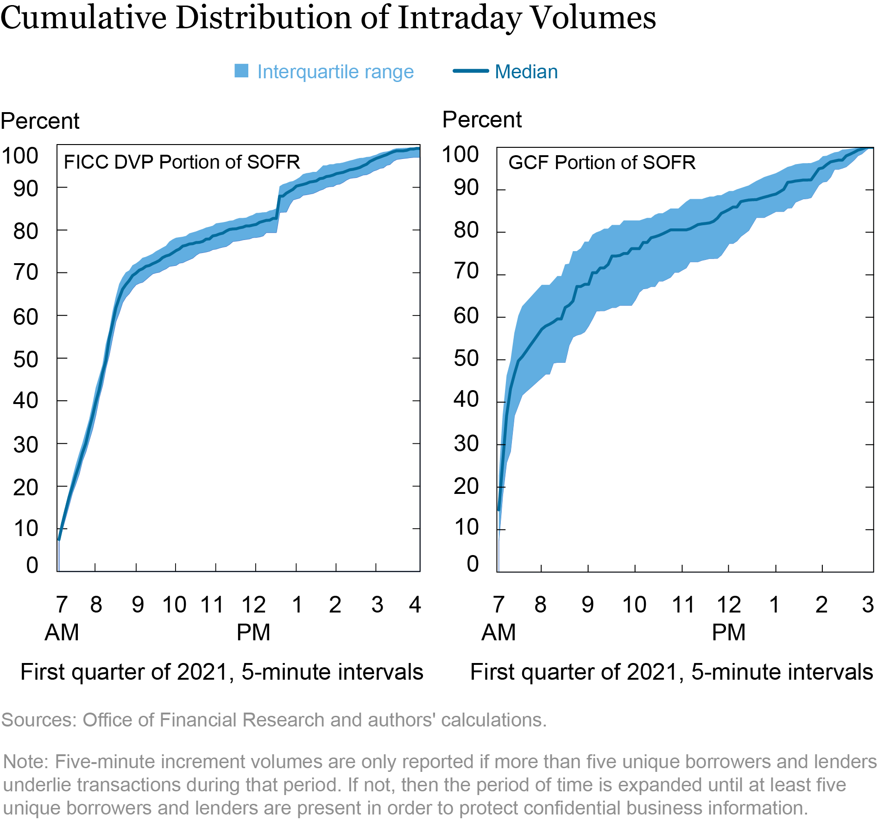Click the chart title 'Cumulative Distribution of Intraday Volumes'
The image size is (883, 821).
coord(328,19)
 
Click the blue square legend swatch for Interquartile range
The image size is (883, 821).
coord(241,71)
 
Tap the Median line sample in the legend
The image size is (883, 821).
coord(470,71)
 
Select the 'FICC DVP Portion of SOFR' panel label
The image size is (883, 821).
coord(182,162)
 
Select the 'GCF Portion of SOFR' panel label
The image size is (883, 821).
coord(602,163)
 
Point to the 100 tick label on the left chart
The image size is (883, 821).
coord(19,156)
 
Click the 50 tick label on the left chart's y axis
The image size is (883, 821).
coord(25,360)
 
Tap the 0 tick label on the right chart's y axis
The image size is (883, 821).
coord(473,564)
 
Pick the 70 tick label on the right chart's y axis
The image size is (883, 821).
coord(466,271)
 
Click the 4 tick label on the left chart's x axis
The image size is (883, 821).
coord(415,605)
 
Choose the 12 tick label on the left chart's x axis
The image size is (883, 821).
coord(253,605)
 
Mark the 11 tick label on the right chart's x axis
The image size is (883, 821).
coord(683,605)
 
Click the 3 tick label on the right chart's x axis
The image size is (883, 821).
coord(868,605)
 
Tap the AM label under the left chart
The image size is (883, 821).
coord(62,632)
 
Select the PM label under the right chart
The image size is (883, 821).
coord(728,632)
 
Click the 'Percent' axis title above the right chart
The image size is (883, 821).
coord(482,120)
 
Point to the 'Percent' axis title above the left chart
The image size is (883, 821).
coord(40,121)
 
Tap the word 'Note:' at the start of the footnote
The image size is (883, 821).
coord(26,762)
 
